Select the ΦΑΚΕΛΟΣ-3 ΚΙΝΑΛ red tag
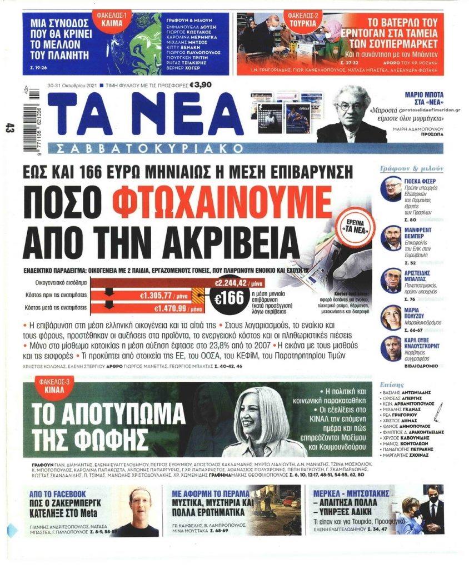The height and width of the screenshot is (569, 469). click(x=52, y=386)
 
